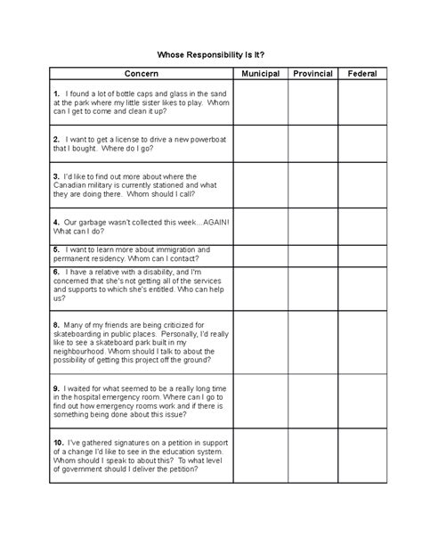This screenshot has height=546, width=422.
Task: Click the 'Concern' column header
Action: (x=142, y=73)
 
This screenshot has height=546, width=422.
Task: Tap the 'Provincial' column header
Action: (x=312, y=73)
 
